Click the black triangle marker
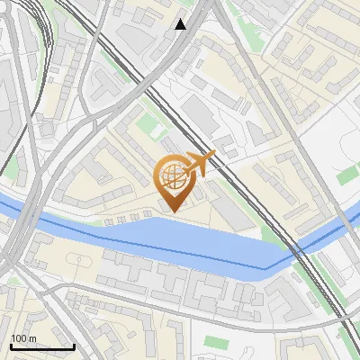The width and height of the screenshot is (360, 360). [x=181, y=24]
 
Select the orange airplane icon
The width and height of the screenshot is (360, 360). [x=202, y=163]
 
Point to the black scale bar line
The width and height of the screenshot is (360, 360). [x=41, y=346]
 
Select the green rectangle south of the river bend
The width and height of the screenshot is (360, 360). [x=215, y=341]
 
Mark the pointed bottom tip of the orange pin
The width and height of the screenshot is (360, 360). [x=174, y=211]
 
